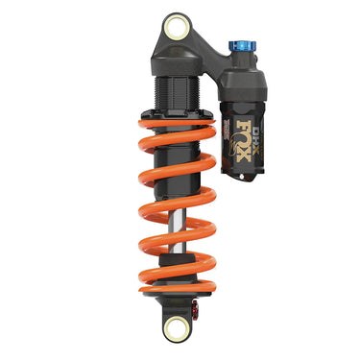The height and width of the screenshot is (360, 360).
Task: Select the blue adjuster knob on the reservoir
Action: pos(240,47)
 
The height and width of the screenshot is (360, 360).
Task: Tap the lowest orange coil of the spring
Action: pos(178,278)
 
